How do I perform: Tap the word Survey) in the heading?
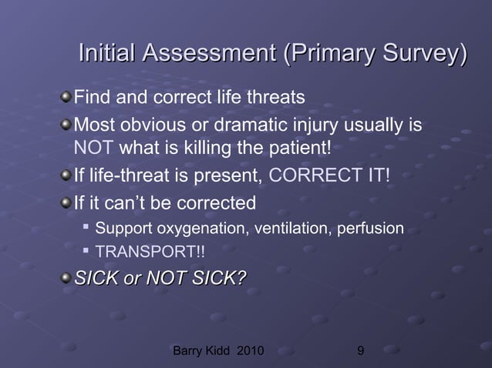pyautogui.click(x=420, y=55)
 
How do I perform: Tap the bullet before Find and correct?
pyautogui.click(x=67, y=99)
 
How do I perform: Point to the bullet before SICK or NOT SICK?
pyautogui.click(x=67, y=278)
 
